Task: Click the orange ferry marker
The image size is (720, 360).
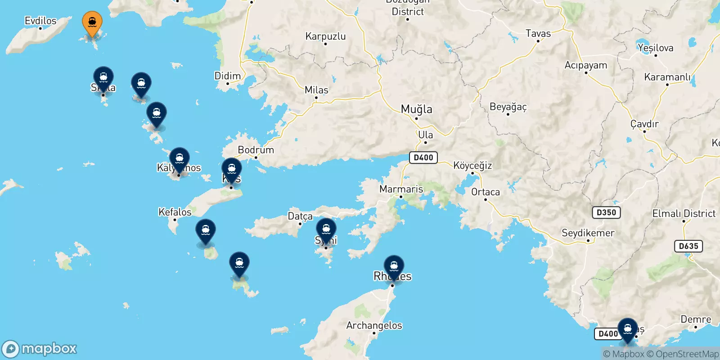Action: [x=92, y=22]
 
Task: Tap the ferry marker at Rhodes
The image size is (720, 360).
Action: [x=394, y=266]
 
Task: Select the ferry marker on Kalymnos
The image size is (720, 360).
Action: [x=180, y=159]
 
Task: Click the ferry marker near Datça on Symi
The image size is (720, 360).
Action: [x=326, y=229]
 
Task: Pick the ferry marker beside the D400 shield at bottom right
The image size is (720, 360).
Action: [x=627, y=329]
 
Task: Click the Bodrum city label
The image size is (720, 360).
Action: [x=256, y=150]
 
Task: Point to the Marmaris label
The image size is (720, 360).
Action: [x=401, y=189]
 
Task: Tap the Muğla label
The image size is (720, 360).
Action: [x=416, y=109]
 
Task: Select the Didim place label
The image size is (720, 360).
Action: [x=227, y=76]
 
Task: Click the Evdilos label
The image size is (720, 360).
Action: [x=40, y=21]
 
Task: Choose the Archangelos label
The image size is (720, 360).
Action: [x=374, y=325]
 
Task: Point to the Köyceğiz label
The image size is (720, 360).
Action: [x=472, y=166]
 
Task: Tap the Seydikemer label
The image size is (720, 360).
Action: [x=588, y=233]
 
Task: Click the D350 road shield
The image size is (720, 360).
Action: [x=606, y=212]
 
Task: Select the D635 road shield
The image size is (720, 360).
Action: [x=688, y=246]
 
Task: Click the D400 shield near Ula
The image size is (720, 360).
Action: [x=423, y=157]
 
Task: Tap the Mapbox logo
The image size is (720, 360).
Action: [x=40, y=349]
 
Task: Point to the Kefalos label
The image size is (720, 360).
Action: [x=175, y=212]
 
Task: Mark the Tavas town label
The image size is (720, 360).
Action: [x=538, y=33]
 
